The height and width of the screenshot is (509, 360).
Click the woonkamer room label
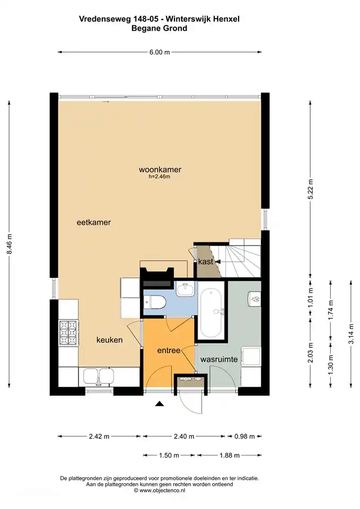tap(160, 170)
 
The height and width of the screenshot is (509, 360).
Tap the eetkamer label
tap(94, 222)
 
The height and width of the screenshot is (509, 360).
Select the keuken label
tap(109, 340)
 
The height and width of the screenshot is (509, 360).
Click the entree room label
tap(169, 350)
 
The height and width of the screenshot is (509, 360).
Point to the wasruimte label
tap(219, 359)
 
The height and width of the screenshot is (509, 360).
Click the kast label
tap(206, 261)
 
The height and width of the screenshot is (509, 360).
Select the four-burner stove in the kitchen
tap(68, 332)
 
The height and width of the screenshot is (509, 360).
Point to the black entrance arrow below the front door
tap(159, 403)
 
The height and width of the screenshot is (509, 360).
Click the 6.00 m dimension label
tap(160, 52)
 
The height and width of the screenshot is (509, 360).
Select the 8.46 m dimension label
tap(9, 244)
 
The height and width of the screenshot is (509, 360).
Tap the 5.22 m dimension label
tap(311, 190)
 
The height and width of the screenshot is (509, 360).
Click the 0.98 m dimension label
tap(244, 436)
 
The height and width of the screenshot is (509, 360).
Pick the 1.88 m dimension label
tap(230, 455)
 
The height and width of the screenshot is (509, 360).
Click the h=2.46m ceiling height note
tap(160, 177)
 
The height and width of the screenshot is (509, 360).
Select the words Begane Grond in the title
tap(159, 28)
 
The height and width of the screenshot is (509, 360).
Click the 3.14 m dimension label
tap(351, 334)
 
